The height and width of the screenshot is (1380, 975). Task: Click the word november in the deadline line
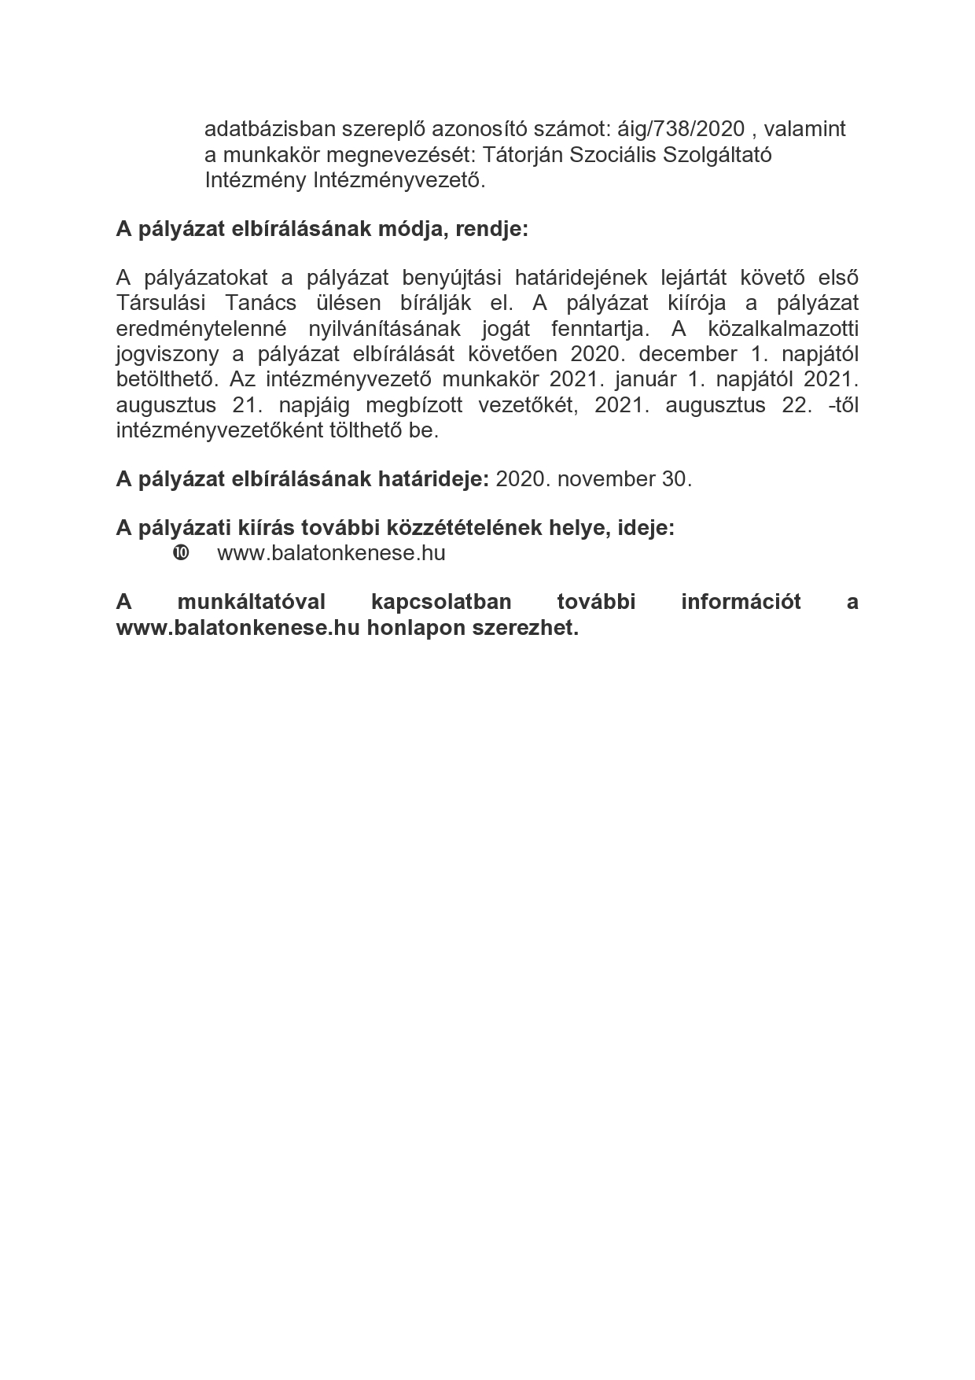[606, 479]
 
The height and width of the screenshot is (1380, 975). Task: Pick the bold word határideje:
[435, 479]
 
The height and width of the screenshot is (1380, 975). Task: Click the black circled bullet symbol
[180, 553]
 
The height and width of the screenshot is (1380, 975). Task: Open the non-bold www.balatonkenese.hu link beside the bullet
[331, 553]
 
